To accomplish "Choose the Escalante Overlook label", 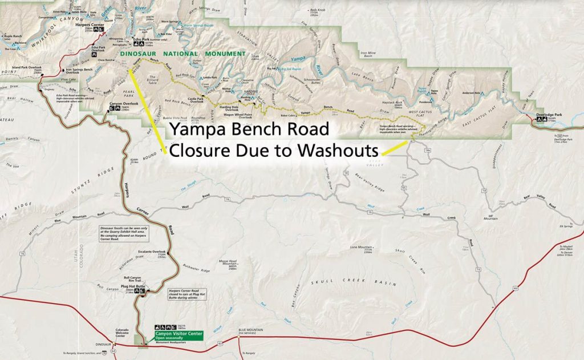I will click(151, 252).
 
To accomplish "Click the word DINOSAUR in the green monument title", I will click(141, 54).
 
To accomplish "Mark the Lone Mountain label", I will click(361, 247).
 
